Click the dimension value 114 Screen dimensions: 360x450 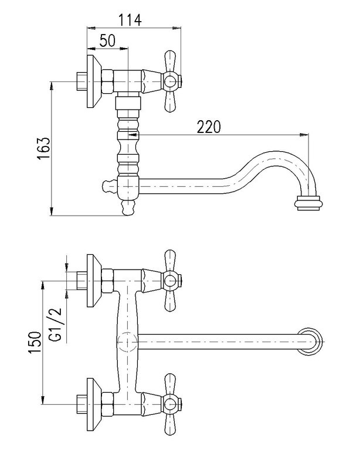tap(130, 21)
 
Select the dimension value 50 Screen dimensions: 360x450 tap(107, 40)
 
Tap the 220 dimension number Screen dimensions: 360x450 tap(209, 127)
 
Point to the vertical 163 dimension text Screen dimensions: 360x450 tap(43, 148)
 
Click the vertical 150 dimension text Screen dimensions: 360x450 tap(35, 343)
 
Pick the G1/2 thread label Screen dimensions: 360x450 tap(55, 324)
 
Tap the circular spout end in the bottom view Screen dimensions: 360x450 tap(311, 342)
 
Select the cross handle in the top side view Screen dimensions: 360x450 tap(171, 82)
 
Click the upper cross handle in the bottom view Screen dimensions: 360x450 tap(171, 281)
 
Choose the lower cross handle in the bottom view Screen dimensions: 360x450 tap(171, 405)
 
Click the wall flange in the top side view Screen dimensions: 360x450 tap(94, 81)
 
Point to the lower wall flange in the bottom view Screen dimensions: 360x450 tap(94, 405)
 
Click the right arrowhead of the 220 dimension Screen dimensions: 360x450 tap(304, 134)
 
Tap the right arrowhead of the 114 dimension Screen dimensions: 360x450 tap(176, 28)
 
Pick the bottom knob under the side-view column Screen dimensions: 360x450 tap(128, 207)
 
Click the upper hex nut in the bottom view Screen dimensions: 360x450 tap(107, 281)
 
